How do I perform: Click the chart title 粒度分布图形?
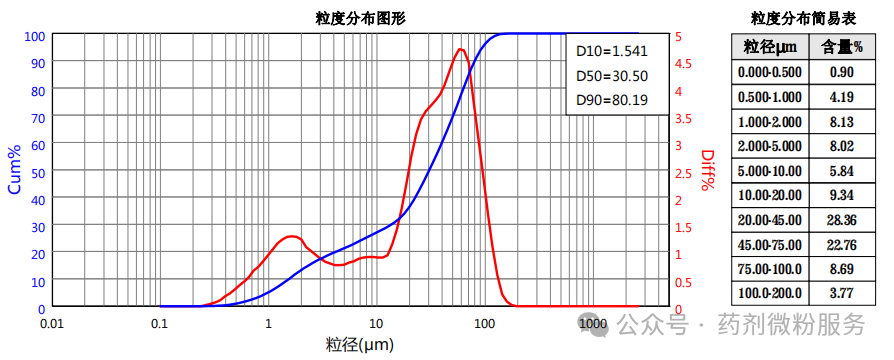(360, 19)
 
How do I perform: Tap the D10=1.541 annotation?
(612, 51)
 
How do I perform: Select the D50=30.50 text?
(612, 76)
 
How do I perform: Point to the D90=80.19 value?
(612, 101)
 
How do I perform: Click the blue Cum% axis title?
(14, 169)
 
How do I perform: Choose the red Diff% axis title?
(707, 170)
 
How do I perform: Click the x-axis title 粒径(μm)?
(360, 345)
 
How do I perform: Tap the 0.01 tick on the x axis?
(51, 324)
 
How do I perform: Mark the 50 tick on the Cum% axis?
(37, 171)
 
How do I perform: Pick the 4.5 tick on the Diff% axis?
(683, 63)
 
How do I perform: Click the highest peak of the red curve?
(461, 49)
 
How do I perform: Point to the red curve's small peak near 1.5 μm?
(291, 236)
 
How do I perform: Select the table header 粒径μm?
(770, 47)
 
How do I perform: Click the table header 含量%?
(842, 47)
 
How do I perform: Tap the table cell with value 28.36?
(842, 220)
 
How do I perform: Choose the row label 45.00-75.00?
(770, 246)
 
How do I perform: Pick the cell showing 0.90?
(842, 72)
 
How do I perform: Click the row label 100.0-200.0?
(770, 294)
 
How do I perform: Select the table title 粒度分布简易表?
(803, 19)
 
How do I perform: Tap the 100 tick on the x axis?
(485, 324)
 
